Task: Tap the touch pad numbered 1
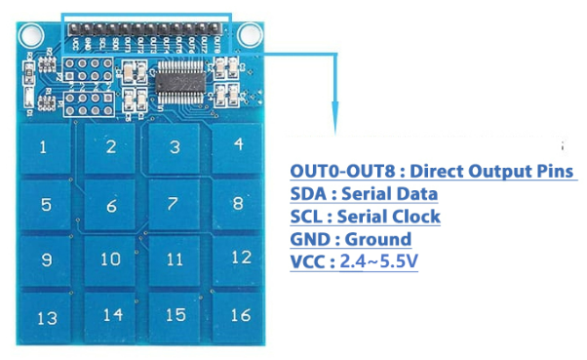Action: click(x=43, y=149)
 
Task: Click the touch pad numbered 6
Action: click(x=111, y=206)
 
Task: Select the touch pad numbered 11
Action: click(x=175, y=260)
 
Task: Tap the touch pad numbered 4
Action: click(x=238, y=144)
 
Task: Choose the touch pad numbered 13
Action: click(x=46, y=318)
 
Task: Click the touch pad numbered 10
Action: click(x=110, y=260)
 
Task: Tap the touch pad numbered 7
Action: click(x=174, y=204)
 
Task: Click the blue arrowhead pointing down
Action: click(x=334, y=123)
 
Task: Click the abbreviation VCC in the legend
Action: click(x=310, y=261)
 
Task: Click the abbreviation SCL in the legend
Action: click(x=309, y=217)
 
